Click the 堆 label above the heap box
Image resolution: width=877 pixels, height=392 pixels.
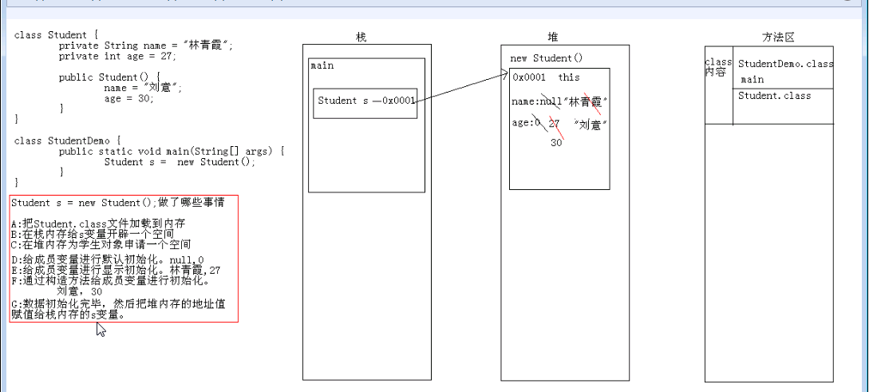[554, 38]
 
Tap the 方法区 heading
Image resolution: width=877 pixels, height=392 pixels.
[777, 38]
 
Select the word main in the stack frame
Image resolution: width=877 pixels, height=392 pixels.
[323, 65]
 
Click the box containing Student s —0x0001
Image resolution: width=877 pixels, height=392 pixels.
[365, 102]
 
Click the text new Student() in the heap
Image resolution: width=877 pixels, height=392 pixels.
[547, 58]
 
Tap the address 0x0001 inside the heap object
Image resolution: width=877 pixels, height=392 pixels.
[529, 77]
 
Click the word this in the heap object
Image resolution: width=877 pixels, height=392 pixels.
[569, 77]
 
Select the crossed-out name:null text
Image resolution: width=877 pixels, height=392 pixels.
[536, 101]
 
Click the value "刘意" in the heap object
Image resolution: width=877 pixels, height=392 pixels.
[591, 124]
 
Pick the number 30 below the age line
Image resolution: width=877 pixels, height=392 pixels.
[556, 142]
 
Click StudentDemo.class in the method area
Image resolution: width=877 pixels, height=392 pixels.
[785, 64]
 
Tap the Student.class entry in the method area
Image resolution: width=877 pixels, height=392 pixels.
[774, 96]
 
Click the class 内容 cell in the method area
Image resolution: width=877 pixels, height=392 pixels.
[718, 67]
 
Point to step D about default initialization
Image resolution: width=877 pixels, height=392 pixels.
[108, 260]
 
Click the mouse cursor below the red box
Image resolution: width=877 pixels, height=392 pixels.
[101, 330]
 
